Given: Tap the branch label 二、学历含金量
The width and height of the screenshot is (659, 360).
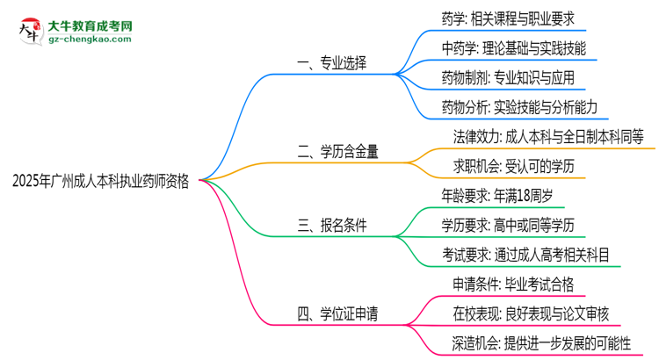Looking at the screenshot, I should (337, 151).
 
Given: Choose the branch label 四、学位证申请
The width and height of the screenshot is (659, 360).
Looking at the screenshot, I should (337, 313).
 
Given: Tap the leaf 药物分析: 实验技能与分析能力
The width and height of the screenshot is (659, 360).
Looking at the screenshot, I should (519, 107).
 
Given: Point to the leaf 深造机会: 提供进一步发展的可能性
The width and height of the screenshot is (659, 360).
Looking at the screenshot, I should (536, 344).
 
